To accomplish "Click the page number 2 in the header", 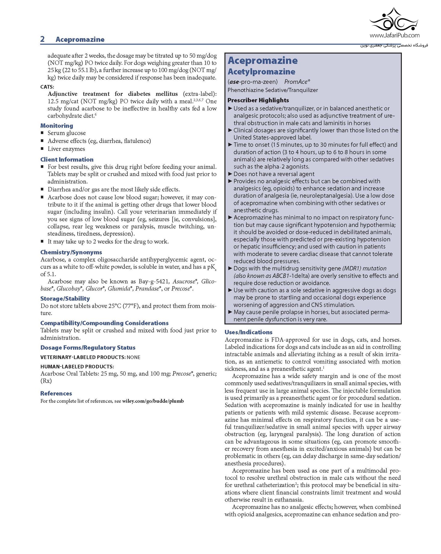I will point(42,39).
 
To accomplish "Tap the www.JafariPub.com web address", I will point(394,35).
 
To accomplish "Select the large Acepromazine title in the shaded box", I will point(263,60).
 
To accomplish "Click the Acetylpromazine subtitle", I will point(261,72).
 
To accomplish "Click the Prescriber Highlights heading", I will point(258,100).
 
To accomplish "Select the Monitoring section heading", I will point(57,126).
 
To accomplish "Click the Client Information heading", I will point(67,160).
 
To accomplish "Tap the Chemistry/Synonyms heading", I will point(71,252).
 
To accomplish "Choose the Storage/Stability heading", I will point(65,299).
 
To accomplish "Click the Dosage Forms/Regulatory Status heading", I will point(88,348).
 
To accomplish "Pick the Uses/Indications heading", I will point(248,332).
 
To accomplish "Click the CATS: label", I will point(47,87).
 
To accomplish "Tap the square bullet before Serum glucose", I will point(42,133).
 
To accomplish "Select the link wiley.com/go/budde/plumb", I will point(153,401).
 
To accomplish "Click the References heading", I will point(56,393).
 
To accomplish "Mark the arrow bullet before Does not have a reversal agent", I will point(230,174).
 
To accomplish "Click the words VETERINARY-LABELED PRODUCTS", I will point(83,357).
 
